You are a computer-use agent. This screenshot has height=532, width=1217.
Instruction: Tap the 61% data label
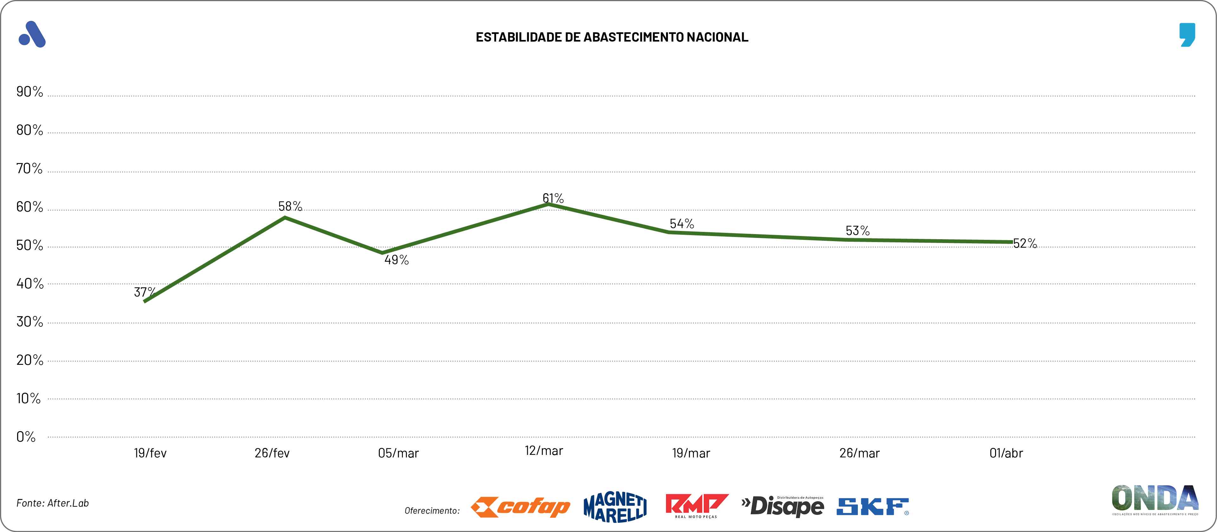(x=553, y=198)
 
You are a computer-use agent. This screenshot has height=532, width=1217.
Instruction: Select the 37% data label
(x=144, y=292)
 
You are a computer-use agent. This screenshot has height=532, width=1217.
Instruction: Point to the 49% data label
(x=396, y=259)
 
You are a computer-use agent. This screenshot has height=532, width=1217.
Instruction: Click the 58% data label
(x=290, y=206)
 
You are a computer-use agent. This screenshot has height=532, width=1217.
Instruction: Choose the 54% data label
(x=682, y=224)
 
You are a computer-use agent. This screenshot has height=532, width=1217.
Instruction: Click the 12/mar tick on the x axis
(x=543, y=451)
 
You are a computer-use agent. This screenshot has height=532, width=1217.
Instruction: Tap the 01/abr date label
(x=1006, y=453)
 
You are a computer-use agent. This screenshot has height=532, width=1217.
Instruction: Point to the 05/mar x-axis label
(x=398, y=453)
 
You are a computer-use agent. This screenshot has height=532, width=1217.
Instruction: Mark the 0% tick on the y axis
(x=26, y=437)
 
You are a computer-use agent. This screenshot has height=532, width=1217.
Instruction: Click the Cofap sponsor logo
(x=520, y=507)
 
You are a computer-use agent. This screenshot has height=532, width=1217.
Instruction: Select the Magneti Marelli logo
(x=615, y=507)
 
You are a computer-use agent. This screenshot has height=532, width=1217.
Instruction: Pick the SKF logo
(x=872, y=507)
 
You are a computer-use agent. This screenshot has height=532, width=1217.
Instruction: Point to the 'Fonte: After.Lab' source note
(x=52, y=503)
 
